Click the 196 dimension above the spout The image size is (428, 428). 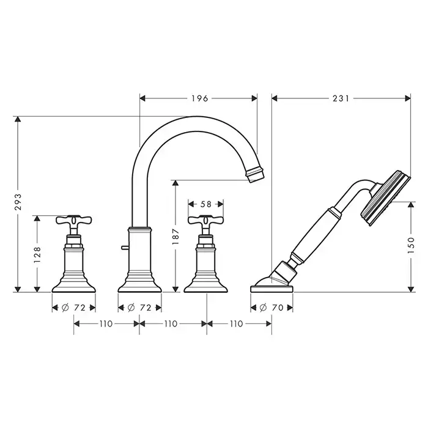[200, 98]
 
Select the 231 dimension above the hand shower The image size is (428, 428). [341, 98]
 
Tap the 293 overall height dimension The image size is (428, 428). [18, 202]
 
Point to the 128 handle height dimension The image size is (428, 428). [37, 255]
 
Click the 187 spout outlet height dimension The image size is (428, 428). [175, 237]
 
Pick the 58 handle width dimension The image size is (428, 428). [206, 204]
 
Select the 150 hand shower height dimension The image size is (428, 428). [411, 245]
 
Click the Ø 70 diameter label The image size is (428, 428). [271, 308]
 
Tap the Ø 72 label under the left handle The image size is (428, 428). [74, 308]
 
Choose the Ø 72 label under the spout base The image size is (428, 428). [139, 308]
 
